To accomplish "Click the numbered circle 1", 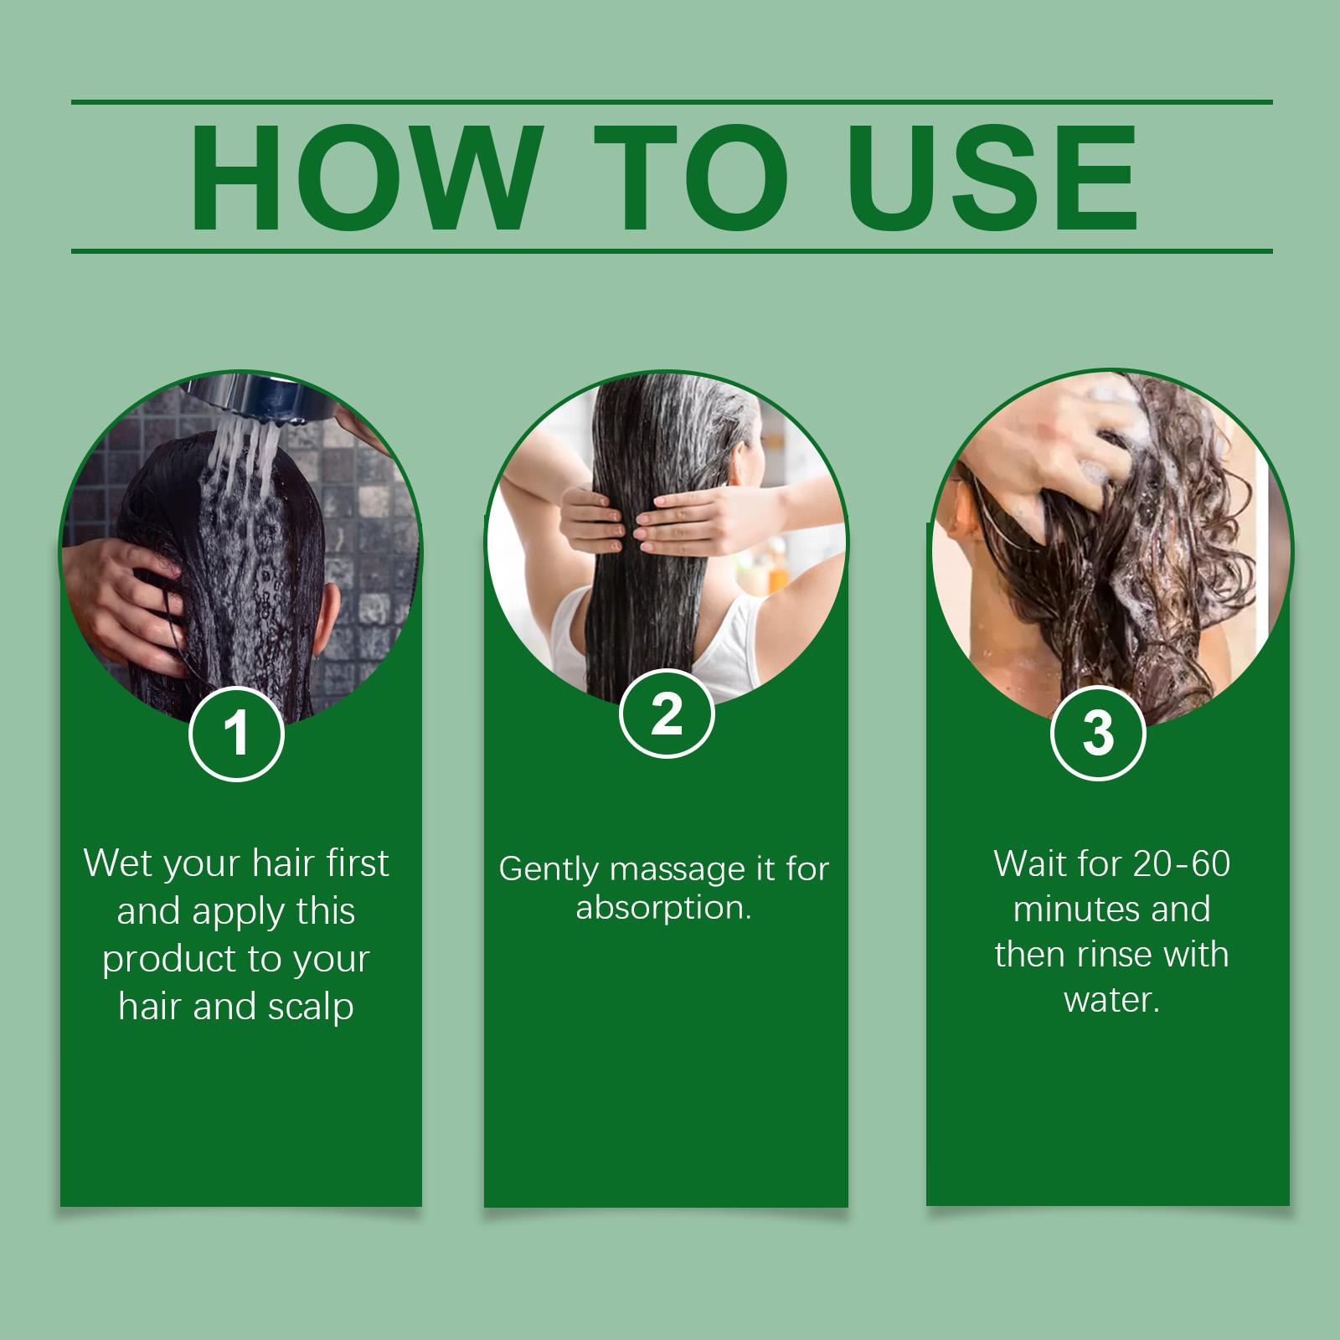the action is (237, 733).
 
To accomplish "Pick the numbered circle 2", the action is (667, 716).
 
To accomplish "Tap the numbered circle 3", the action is (1098, 731).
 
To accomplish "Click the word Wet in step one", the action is (117, 863).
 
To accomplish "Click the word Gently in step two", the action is (550, 870).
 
